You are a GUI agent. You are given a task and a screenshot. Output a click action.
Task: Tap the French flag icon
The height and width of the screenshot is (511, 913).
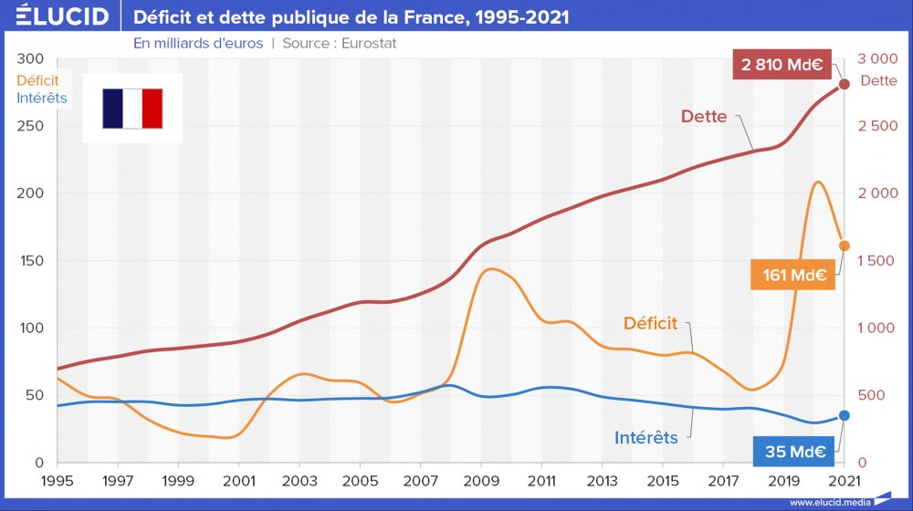click(132, 109)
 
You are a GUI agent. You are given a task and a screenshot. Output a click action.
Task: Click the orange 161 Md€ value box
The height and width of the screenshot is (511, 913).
click(793, 275)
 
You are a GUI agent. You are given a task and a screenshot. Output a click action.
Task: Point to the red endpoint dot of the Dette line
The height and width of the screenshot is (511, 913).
click(845, 84)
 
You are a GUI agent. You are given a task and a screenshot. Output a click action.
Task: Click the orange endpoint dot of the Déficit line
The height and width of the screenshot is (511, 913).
click(845, 245)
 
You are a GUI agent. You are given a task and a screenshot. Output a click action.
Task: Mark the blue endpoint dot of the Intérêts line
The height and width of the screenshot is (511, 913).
click(845, 415)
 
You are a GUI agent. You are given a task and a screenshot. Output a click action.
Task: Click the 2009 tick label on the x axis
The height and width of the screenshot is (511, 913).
click(480, 480)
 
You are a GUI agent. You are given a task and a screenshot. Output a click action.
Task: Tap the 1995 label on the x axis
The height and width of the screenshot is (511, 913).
click(58, 480)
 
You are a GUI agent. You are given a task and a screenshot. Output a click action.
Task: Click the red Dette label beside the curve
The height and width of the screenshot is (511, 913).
click(704, 117)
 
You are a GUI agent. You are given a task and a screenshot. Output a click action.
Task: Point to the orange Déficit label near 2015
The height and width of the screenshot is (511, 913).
click(650, 323)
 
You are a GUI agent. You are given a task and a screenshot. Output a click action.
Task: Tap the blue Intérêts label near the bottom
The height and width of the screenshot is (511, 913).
click(645, 438)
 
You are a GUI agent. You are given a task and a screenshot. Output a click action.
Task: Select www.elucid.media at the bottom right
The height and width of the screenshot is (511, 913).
click(828, 502)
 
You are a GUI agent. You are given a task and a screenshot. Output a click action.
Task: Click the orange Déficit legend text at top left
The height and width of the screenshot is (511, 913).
click(37, 80)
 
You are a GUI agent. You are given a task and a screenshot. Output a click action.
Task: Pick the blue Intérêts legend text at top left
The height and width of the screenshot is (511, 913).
click(42, 97)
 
